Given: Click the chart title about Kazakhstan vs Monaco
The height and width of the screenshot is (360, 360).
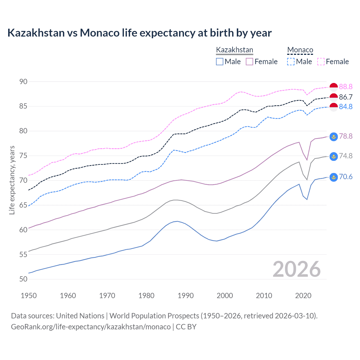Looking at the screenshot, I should (x=139, y=33).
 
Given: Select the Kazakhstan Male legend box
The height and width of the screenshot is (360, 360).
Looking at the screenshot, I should (x=220, y=62).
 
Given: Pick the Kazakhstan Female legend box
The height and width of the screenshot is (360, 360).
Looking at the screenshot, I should (x=249, y=62).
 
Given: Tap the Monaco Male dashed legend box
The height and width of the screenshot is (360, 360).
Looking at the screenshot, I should (x=291, y=62).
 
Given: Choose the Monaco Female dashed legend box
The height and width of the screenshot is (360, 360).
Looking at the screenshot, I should (x=321, y=62).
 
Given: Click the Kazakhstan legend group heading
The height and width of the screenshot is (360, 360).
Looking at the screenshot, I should (x=235, y=50).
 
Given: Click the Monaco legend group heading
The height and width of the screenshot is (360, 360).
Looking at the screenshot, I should (x=300, y=50).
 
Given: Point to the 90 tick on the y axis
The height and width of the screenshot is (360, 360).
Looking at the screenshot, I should (x=23, y=82).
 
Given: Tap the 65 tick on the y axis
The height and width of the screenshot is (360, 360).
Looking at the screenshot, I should (x=23, y=205).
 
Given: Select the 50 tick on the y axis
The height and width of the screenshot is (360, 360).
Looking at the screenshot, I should (x=23, y=279).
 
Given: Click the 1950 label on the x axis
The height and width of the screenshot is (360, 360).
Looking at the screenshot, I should (x=29, y=296).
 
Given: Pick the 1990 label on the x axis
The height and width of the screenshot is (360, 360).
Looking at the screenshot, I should (x=186, y=296).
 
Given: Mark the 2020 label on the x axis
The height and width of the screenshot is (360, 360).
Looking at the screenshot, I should (x=303, y=296).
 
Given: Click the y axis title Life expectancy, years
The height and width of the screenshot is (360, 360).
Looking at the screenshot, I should (x=12, y=180).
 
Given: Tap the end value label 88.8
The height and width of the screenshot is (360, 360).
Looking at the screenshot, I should (x=346, y=87).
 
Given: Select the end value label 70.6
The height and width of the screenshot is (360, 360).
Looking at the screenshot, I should (x=346, y=177).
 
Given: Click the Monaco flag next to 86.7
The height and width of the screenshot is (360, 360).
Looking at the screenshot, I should (x=334, y=97).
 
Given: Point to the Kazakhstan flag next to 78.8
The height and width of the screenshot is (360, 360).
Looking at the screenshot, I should (x=334, y=136).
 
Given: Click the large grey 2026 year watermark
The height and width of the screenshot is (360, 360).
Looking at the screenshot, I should (x=297, y=269).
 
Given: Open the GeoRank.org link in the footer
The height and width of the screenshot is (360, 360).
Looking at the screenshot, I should (x=91, y=327).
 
